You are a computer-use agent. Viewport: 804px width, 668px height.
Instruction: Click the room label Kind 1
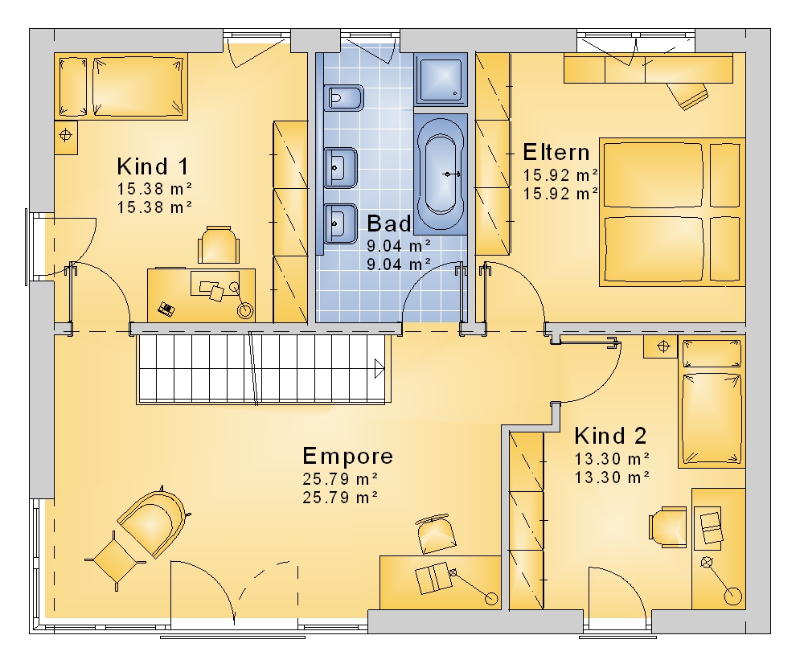point(153,166)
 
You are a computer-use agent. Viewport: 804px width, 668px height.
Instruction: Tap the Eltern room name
point(556,152)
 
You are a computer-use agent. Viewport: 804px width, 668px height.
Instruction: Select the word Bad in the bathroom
point(389,223)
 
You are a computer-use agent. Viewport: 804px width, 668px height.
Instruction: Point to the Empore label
point(347,456)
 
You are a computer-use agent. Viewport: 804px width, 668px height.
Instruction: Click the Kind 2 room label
point(610,436)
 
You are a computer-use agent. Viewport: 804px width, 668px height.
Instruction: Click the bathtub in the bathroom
point(441,174)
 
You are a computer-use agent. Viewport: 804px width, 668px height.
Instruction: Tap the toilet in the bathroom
point(343,97)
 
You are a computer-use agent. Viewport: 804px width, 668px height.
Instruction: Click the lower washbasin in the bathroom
point(341,223)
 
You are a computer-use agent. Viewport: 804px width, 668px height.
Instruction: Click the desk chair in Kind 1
point(219,244)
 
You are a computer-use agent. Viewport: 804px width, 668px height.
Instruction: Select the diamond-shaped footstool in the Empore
point(115,560)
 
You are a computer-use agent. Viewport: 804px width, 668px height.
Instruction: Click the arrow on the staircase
point(379,369)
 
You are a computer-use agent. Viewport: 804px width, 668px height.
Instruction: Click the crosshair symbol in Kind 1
point(66,136)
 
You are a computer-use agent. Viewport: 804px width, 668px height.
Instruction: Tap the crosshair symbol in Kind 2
point(663,346)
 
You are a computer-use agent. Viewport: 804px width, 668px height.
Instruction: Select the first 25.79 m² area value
point(340,479)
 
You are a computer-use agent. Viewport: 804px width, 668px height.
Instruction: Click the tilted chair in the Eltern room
point(687,95)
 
